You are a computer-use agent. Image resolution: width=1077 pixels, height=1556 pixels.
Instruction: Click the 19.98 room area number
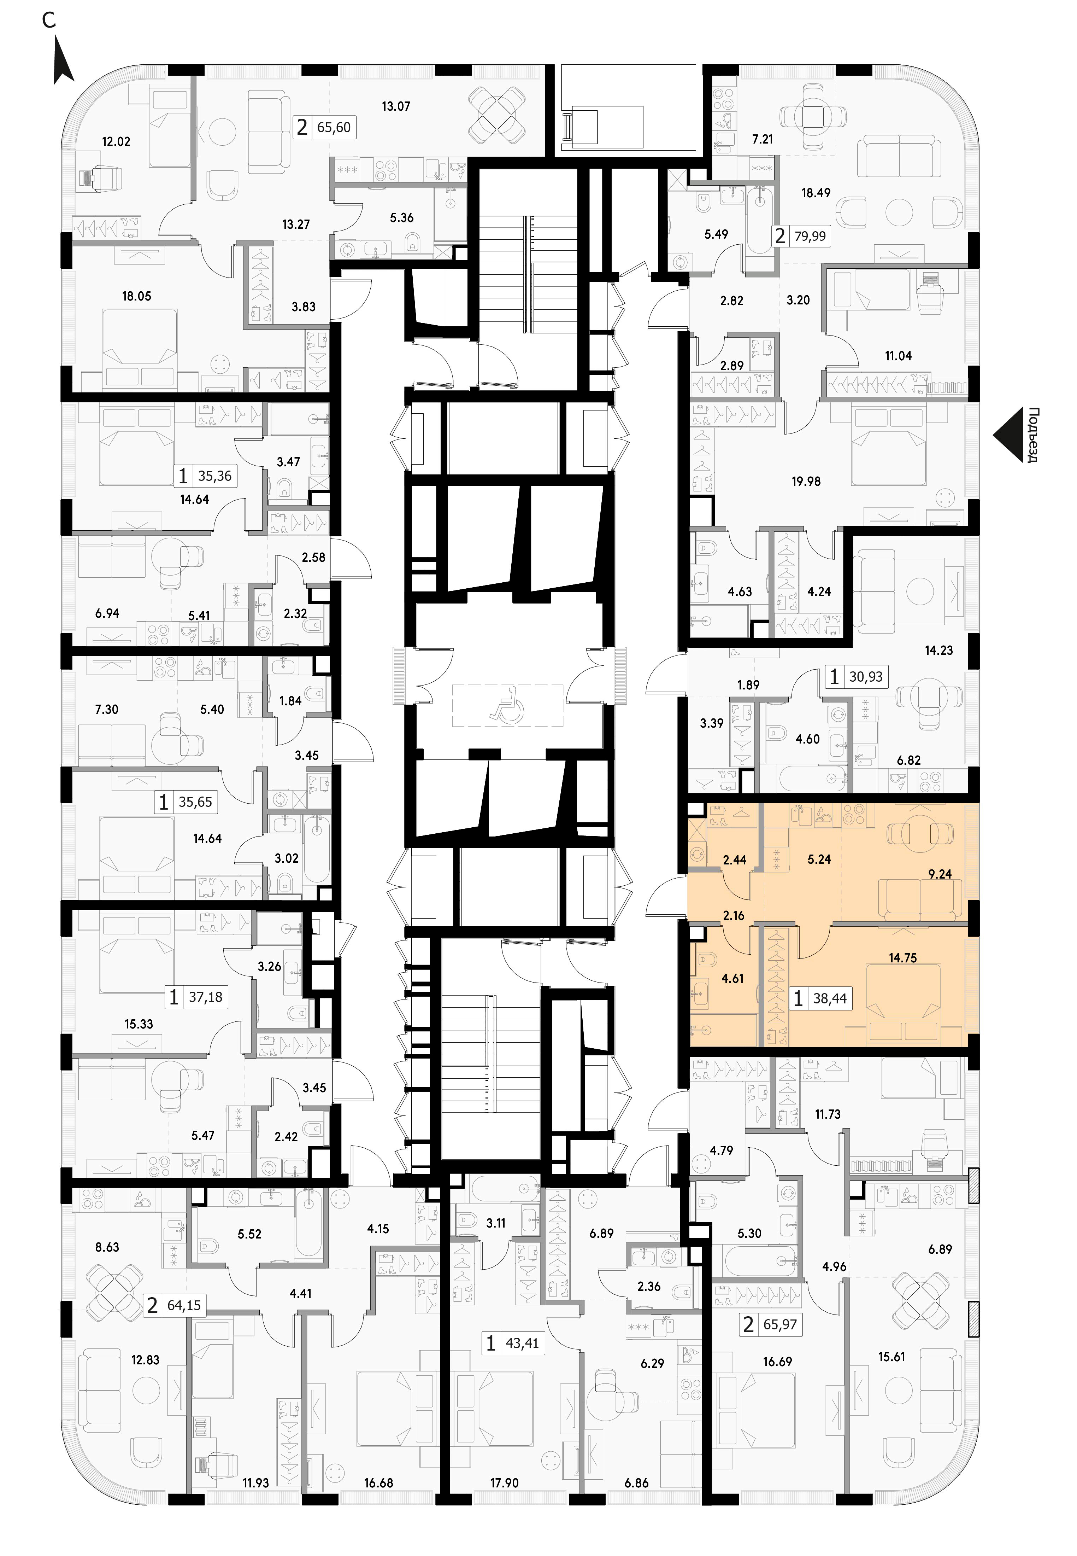pyautogui.click(x=806, y=481)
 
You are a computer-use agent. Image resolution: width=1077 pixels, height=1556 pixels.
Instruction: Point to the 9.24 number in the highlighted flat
pyautogui.click(x=940, y=874)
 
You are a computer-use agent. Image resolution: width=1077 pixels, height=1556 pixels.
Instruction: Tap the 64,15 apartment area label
pyautogui.click(x=183, y=1306)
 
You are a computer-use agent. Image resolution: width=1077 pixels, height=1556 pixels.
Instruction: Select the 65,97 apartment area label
pyautogui.click(x=780, y=1324)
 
